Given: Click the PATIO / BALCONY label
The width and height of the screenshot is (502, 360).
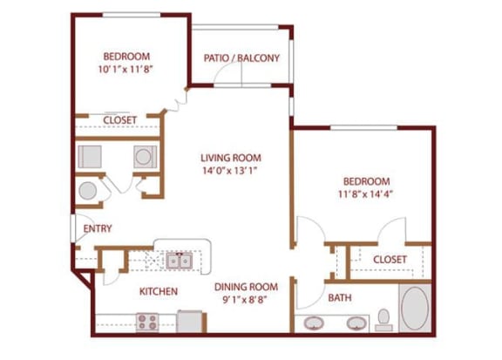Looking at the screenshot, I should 241,58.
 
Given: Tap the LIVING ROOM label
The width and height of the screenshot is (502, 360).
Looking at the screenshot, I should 231,158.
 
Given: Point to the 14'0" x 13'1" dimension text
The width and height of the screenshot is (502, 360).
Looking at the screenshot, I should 231,172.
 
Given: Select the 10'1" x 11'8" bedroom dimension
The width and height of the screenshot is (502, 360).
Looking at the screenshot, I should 128,68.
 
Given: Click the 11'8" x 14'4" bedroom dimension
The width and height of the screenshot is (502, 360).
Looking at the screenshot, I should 365,195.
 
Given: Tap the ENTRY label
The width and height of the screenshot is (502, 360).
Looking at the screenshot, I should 97,229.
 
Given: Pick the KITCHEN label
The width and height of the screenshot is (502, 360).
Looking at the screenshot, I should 159,291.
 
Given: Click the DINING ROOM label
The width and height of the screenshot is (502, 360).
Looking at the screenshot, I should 246,287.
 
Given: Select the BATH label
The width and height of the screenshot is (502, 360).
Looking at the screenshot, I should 340,298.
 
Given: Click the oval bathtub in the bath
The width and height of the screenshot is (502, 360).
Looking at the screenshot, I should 414,309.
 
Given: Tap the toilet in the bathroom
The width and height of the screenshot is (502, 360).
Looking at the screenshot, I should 383,319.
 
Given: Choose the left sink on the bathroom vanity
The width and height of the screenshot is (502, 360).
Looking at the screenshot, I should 314,323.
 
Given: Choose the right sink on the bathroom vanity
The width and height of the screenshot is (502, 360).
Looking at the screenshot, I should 356,323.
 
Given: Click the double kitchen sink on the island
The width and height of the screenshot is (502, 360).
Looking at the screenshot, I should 180,260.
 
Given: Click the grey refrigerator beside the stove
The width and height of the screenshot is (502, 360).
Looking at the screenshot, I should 190,321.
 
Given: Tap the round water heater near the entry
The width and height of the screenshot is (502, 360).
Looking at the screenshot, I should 89,191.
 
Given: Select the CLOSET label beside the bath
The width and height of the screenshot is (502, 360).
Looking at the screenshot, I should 390,260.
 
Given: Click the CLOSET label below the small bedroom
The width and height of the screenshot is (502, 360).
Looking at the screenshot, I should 119,121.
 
